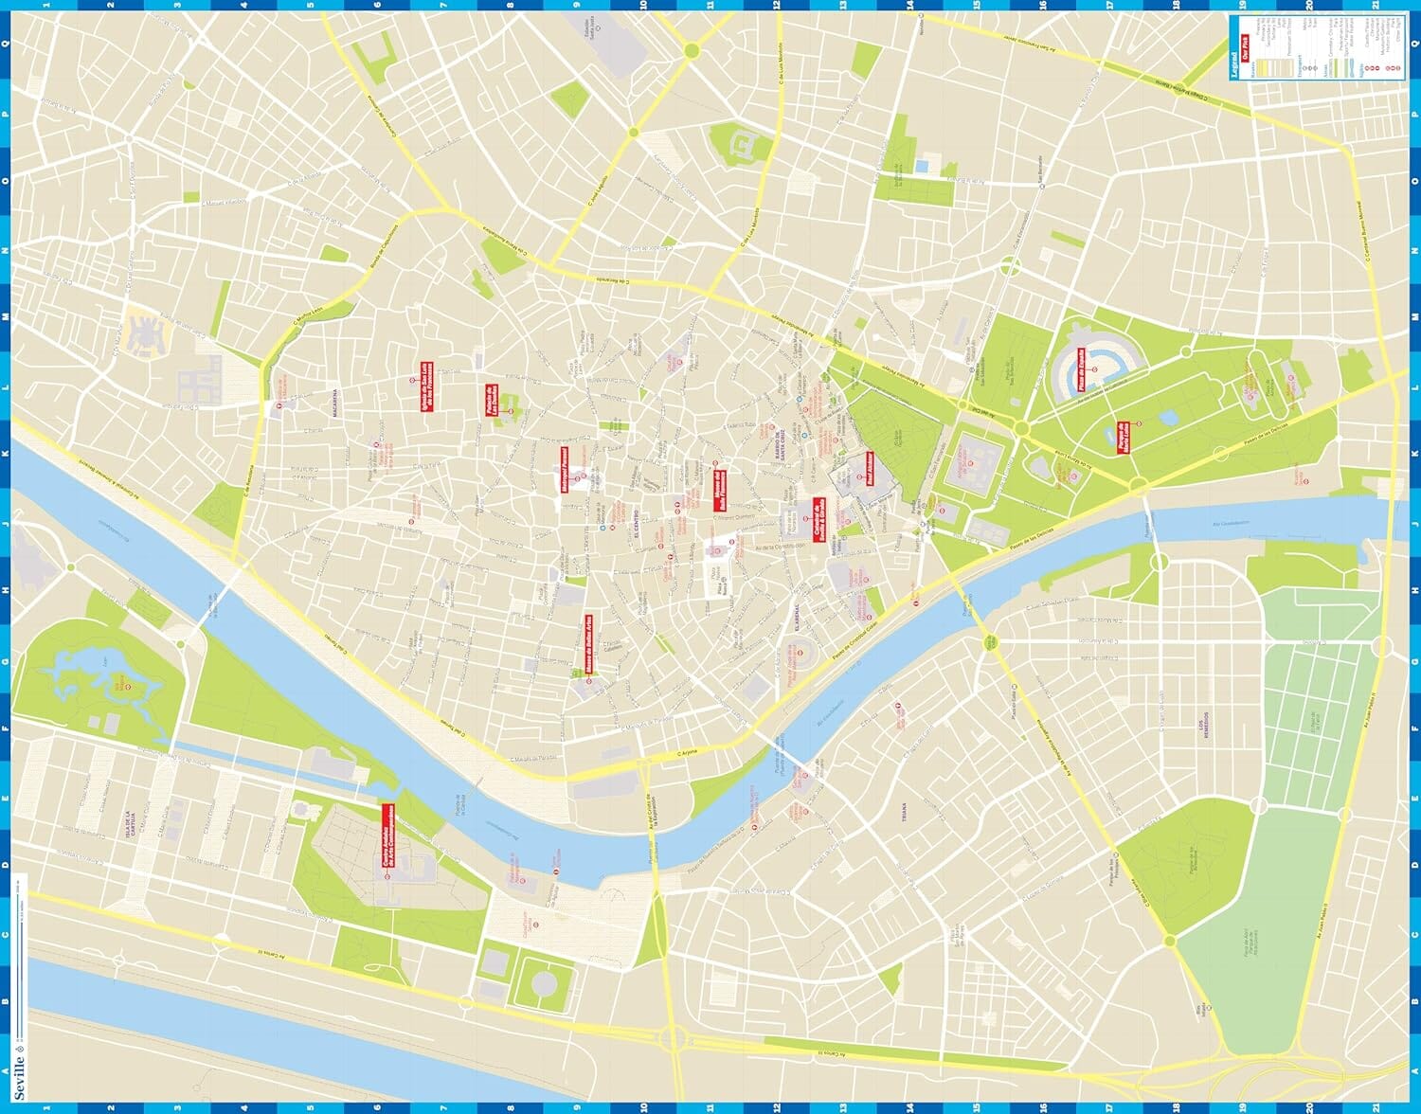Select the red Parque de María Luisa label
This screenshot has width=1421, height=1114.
coord(1123,437)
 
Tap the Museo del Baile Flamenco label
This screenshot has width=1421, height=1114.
coord(719,491)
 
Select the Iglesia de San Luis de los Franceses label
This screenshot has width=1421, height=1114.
coord(425,387)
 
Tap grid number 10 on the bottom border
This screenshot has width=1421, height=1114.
coord(643,1106)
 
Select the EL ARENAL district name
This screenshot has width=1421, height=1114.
coord(798,620)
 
